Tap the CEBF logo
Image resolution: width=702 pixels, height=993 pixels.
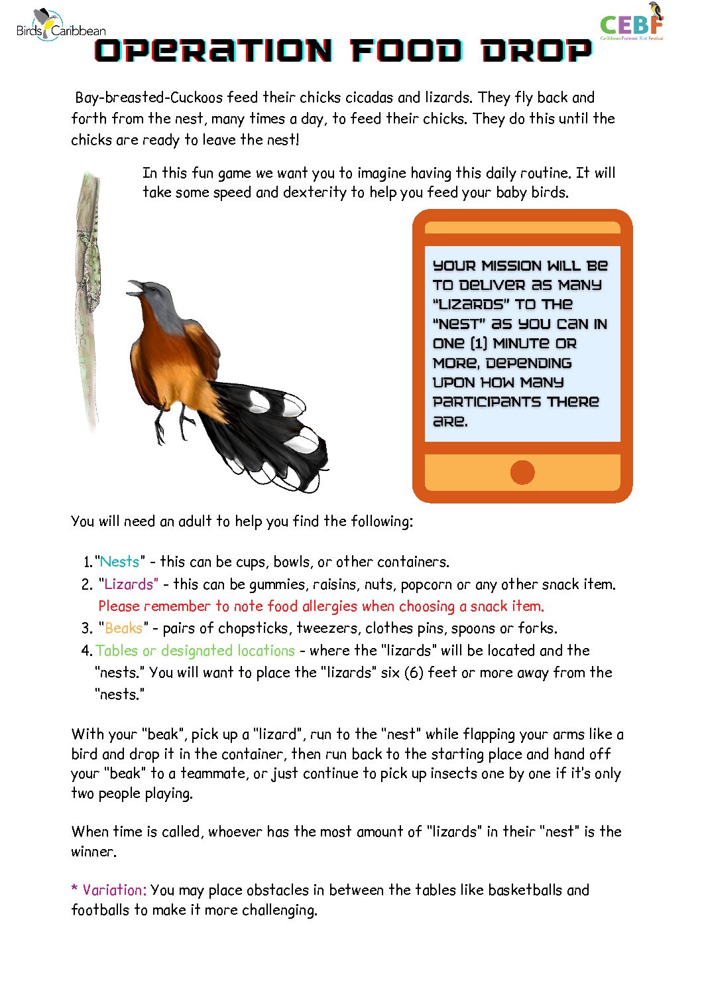(631, 25)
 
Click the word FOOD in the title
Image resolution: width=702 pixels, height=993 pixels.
(406, 51)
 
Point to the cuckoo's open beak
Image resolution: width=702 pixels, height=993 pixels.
(135, 287)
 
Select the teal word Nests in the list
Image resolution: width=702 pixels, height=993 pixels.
(119, 562)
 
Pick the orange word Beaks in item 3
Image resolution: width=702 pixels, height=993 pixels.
(123, 628)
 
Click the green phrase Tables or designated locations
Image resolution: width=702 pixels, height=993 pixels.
(195, 651)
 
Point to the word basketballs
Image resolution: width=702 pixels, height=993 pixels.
(525, 890)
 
